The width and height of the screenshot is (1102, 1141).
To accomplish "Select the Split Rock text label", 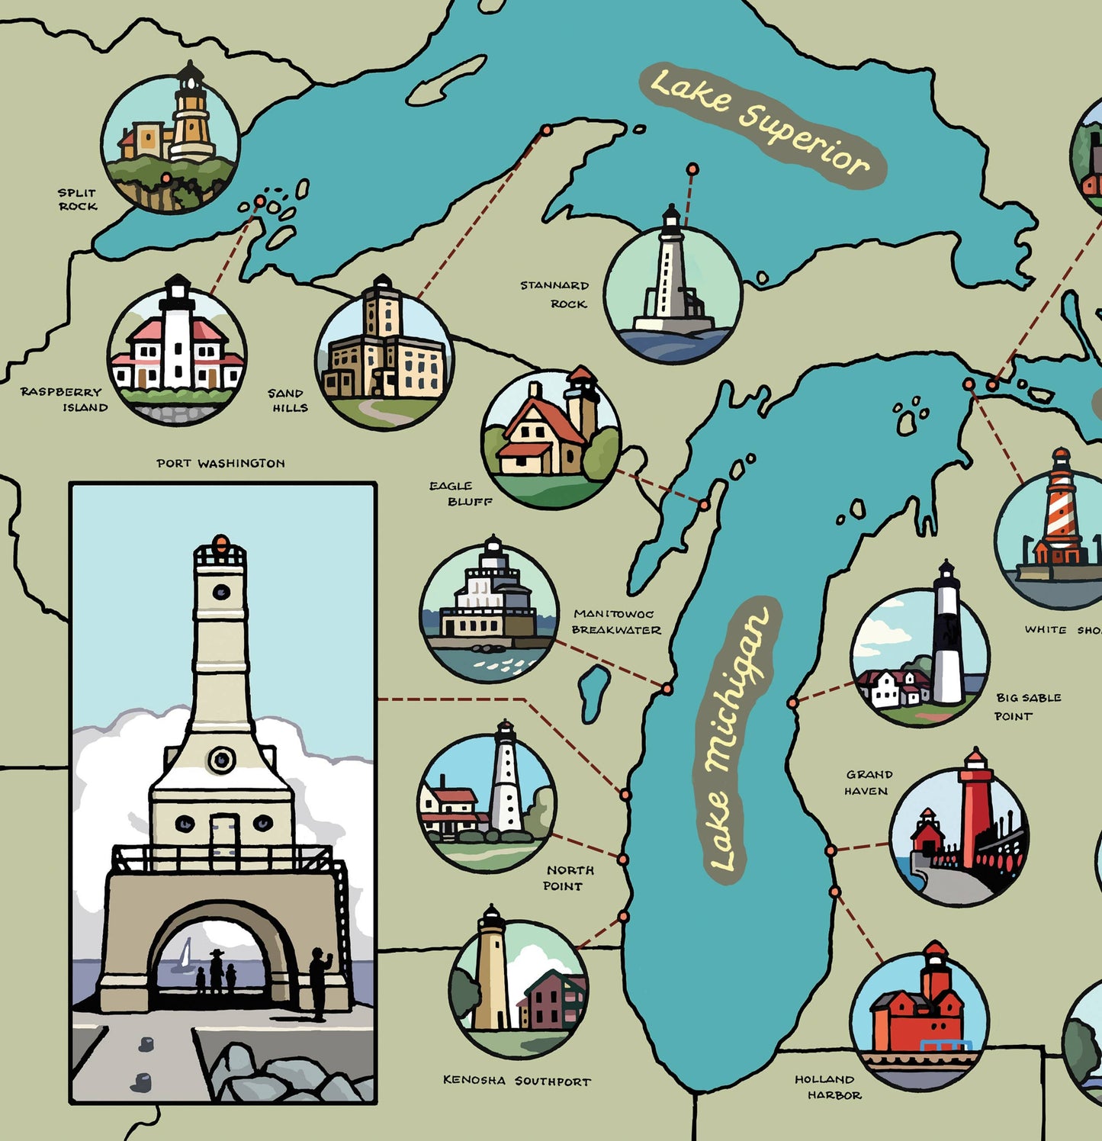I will point(78,199).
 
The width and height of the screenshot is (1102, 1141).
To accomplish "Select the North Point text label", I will point(567,878).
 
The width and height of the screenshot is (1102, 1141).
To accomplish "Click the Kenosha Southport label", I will point(516,1081).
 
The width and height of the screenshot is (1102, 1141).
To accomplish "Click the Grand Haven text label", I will point(868,783).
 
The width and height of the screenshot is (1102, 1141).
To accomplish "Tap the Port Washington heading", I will point(220,463).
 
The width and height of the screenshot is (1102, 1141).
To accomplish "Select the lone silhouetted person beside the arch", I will point(320,984).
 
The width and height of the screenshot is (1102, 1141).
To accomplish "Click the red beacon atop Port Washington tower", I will point(220,543).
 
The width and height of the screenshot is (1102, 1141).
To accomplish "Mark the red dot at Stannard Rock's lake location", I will point(692,169).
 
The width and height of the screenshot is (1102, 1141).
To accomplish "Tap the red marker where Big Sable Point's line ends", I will point(793,702).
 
